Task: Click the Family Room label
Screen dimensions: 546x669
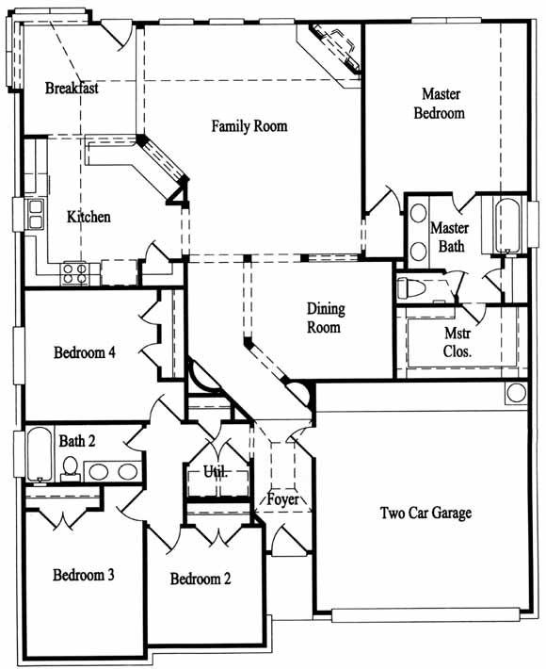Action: (x=249, y=126)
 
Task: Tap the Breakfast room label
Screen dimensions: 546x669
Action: (x=72, y=88)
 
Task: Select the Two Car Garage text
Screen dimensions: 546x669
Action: (x=426, y=513)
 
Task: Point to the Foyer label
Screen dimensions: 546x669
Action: (x=282, y=499)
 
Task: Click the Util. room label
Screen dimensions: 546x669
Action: (x=216, y=471)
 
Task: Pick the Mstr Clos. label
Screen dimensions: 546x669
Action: (x=458, y=342)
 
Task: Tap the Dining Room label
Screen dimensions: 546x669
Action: (x=325, y=318)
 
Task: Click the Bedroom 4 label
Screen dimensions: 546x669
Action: (x=85, y=352)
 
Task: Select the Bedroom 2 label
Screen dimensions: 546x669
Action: (x=201, y=579)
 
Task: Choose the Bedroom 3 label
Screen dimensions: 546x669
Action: (x=84, y=575)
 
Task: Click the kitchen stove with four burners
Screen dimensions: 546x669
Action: (x=75, y=273)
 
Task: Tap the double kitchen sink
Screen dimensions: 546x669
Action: (x=36, y=214)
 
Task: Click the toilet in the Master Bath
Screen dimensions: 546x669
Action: (x=411, y=288)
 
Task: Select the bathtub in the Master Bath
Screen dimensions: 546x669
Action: (x=507, y=226)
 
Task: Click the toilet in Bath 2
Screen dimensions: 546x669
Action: (x=70, y=468)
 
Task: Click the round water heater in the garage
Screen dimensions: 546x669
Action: (x=516, y=393)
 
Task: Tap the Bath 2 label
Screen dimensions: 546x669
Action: (x=77, y=441)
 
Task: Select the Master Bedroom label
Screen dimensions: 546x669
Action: (x=440, y=104)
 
